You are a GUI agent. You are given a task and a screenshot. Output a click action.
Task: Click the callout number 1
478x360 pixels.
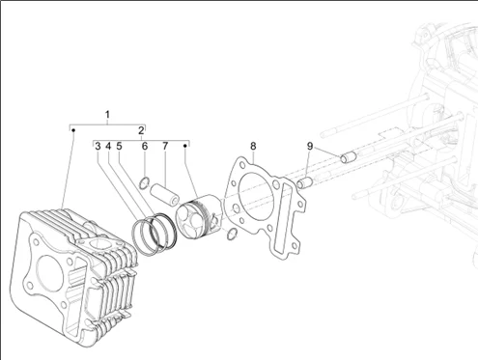107,114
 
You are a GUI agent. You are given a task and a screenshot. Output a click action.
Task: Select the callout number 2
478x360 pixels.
141,130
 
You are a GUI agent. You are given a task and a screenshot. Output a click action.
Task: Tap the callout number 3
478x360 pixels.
98,147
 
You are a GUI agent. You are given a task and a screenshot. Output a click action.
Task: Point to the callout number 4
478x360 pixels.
108,147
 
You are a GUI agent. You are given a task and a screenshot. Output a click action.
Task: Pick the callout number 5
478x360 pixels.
119,147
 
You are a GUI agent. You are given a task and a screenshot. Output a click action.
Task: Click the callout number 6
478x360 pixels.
145,147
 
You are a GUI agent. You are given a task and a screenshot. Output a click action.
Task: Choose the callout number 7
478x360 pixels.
165,147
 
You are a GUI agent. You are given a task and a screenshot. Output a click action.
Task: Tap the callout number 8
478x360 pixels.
253,147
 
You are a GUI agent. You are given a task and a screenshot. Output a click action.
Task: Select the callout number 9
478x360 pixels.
310,147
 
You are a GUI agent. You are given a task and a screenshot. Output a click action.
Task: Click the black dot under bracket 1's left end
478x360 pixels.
73,130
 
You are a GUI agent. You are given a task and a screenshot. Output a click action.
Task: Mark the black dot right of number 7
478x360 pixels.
185,146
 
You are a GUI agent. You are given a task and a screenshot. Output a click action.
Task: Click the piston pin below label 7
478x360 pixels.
164,194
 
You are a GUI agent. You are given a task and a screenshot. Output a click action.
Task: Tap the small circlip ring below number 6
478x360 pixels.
144,183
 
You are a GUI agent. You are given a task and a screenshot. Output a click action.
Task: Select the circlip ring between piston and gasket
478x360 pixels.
232,234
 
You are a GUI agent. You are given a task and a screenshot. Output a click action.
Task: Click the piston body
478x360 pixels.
199,219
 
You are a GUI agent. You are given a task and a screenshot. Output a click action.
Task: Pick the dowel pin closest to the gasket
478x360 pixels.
305,183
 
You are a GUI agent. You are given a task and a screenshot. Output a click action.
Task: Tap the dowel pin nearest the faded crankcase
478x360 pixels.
349,157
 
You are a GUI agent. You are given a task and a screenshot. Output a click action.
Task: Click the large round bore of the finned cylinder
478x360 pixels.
50,273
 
